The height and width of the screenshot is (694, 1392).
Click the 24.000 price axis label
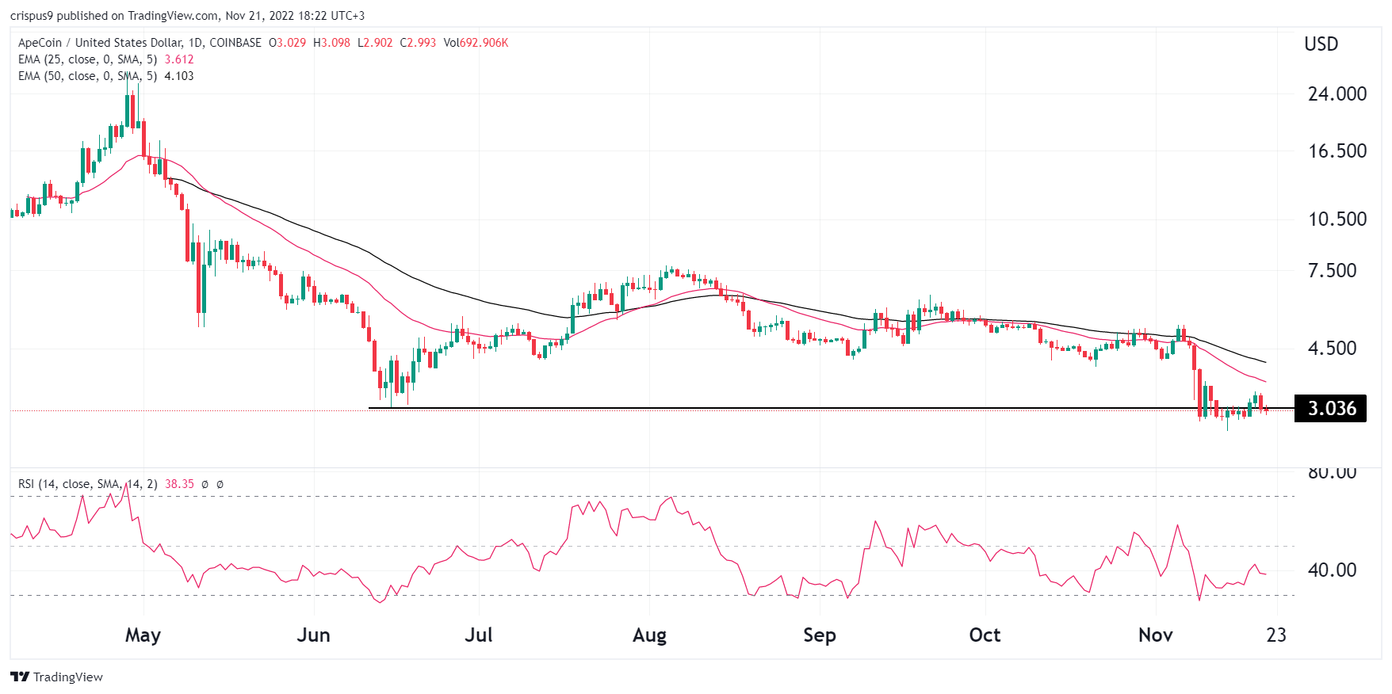coord(1337,93)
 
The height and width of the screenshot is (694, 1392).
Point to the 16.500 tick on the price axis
coord(1337,151)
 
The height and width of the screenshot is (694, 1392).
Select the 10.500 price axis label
coord(1337,219)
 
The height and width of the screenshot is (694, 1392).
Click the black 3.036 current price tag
coord(1331,408)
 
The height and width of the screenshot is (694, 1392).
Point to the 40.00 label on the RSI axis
coord(1332,570)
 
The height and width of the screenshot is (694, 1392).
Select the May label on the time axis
coord(143,635)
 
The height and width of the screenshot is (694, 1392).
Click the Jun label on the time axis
coord(313,635)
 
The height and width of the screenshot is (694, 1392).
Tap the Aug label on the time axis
coord(649,635)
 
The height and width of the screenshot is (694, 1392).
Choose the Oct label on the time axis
coord(985,635)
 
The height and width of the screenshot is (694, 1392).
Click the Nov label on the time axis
coord(1155,635)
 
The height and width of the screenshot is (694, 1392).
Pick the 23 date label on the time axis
coord(1276,635)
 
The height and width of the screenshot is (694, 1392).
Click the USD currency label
coord(1321,44)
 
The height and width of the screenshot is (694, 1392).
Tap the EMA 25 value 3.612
coord(179,59)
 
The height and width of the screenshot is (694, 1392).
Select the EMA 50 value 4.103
coord(179,76)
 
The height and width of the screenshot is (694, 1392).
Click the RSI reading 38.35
coord(179,483)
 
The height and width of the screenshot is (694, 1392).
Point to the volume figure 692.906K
coord(484,43)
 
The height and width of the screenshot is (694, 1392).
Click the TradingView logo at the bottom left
coord(57,677)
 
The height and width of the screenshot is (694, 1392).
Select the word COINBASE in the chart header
coord(235,43)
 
